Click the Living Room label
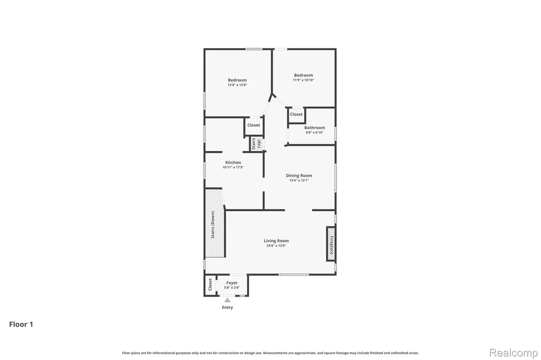tap(276, 241)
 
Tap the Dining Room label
tap(299, 176)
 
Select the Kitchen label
tap(233, 163)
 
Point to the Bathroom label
tap(314, 128)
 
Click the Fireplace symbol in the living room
tap(331, 244)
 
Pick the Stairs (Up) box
tap(257, 144)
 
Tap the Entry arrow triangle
tap(227, 300)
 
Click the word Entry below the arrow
tap(227, 307)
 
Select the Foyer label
tap(232, 283)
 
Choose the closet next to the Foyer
tap(210, 285)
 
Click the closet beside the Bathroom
tap(296, 115)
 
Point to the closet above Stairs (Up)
tap(254, 126)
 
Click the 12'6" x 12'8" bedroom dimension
tap(237, 85)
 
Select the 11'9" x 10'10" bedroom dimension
tap(303, 80)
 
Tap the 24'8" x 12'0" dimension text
tap(276, 246)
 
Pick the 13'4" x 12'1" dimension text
tap(299, 181)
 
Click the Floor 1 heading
tap(21, 324)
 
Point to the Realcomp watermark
tap(514, 353)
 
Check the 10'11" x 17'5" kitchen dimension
tap(233, 167)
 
